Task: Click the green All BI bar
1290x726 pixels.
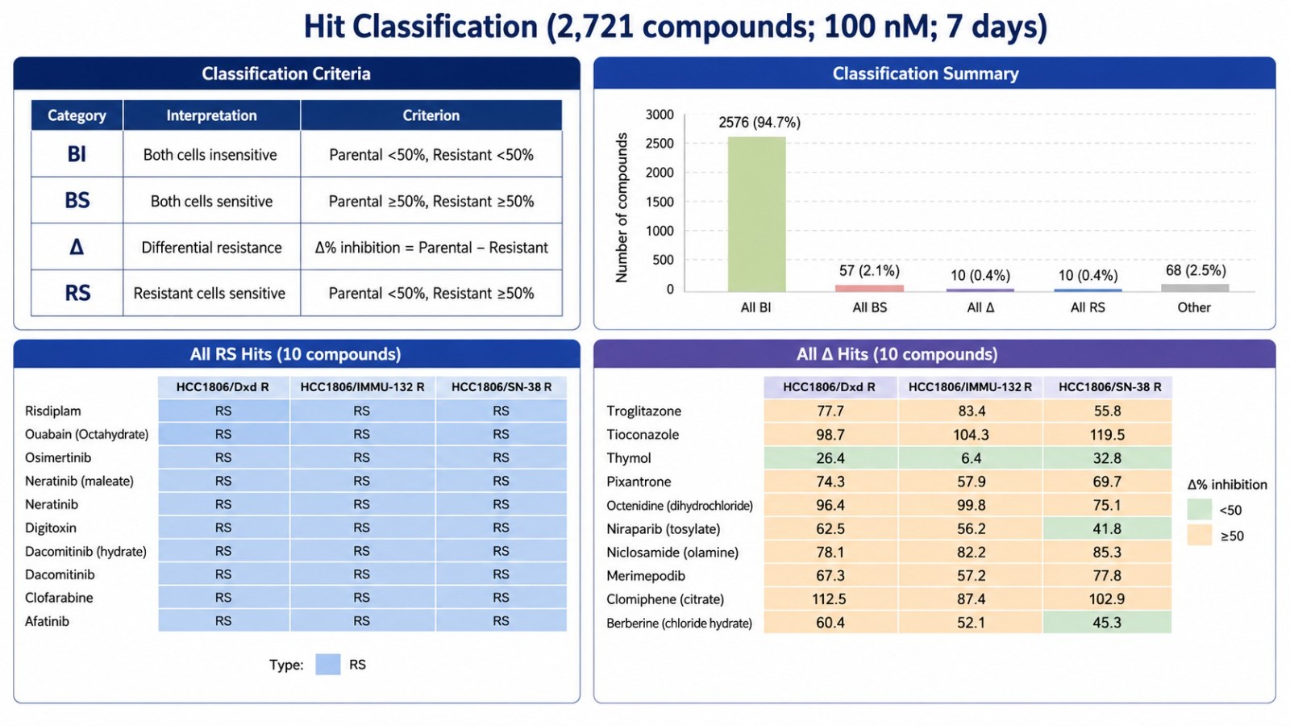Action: pyautogui.click(x=756, y=214)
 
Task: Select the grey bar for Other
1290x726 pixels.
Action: pyautogui.click(x=1194, y=287)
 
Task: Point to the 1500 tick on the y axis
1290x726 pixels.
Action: pyautogui.click(x=660, y=202)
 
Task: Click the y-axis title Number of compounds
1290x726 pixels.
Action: pyautogui.click(x=622, y=208)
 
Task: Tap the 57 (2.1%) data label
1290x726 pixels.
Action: pyautogui.click(x=869, y=270)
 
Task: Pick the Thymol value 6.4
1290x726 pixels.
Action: pyautogui.click(x=971, y=458)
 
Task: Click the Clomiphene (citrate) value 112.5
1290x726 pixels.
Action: pyautogui.click(x=830, y=599)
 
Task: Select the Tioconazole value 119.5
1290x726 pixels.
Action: pyautogui.click(x=1107, y=435)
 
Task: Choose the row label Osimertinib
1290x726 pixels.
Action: pyautogui.click(x=57, y=457)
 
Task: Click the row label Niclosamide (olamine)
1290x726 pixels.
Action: pyautogui.click(x=672, y=552)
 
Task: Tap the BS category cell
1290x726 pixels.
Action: pyautogui.click(x=77, y=201)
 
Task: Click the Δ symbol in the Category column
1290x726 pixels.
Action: pyautogui.click(x=77, y=247)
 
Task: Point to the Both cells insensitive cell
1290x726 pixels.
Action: pyautogui.click(x=210, y=154)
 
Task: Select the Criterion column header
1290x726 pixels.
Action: pyautogui.click(x=431, y=115)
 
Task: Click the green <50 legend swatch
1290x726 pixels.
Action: pyautogui.click(x=1200, y=509)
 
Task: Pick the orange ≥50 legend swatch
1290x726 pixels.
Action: pyautogui.click(x=1200, y=536)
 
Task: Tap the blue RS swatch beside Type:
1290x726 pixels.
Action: pyautogui.click(x=327, y=665)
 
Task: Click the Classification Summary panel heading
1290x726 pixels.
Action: pyautogui.click(x=926, y=73)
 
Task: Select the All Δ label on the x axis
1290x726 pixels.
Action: pyautogui.click(x=980, y=307)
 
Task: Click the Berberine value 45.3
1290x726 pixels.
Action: pyautogui.click(x=1106, y=622)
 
